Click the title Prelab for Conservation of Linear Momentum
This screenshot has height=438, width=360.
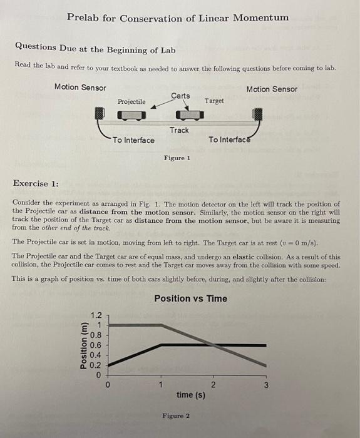[178, 18]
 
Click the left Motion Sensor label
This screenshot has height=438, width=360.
[80, 88]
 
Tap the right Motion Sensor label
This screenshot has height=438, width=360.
[272, 89]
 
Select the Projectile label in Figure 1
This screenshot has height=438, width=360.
[131, 101]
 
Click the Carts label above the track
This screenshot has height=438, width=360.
[180, 96]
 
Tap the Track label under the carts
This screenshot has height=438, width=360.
[179, 130]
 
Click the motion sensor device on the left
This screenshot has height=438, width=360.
[99, 114]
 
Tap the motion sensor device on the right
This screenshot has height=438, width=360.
[257, 115]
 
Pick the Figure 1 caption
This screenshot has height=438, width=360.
[177, 158]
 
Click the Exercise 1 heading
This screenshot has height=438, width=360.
[36, 183]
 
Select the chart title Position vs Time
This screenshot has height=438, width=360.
[191, 298]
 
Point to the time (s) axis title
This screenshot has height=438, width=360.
[191, 395]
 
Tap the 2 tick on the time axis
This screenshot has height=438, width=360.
[213, 385]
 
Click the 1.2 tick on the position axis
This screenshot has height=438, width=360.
[96, 316]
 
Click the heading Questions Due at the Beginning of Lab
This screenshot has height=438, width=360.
[95, 50]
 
